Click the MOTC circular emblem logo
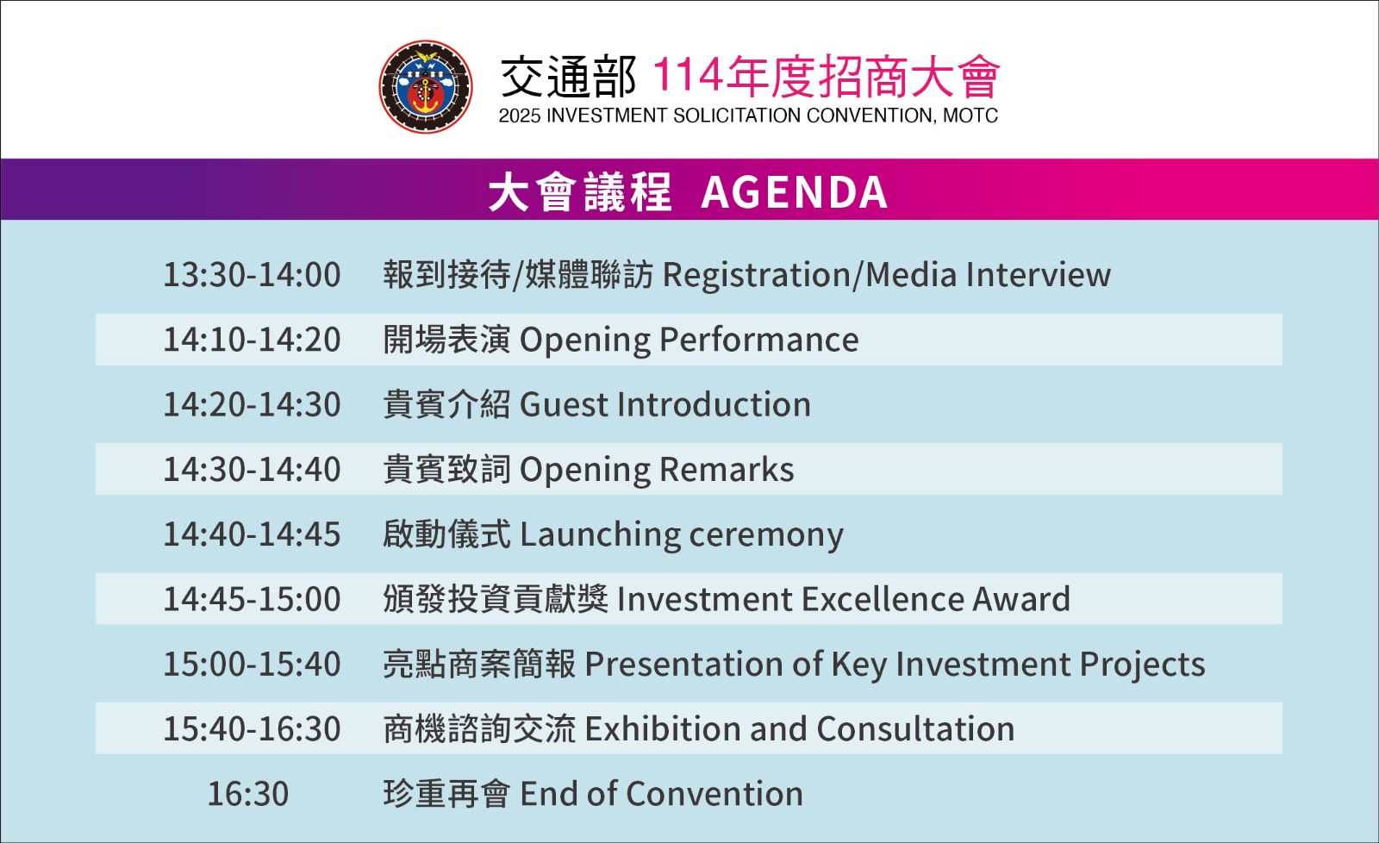[x=426, y=87]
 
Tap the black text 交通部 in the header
[x=568, y=77]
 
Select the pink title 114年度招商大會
[x=826, y=77]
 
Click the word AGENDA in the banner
[x=794, y=192]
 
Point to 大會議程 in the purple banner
[x=580, y=192]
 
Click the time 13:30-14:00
[x=252, y=275]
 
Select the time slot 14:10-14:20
[x=252, y=340]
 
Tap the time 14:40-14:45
[x=252, y=534]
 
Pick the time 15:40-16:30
[x=252, y=728]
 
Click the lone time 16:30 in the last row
[x=248, y=794]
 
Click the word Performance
[x=758, y=340]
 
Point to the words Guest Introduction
[x=665, y=404]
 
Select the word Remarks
[x=727, y=469]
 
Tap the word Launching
[x=600, y=534]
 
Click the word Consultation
[x=915, y=729]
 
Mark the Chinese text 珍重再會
[x=447, y=794]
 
